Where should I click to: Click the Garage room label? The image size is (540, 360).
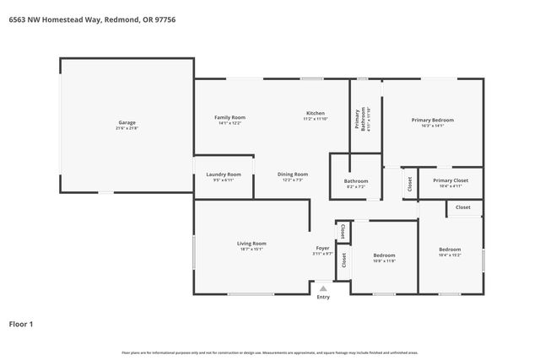[127, 123]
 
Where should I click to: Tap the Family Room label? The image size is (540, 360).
[229, 117]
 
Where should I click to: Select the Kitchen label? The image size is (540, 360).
[315, 114]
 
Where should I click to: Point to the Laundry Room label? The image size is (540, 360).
[224, 175]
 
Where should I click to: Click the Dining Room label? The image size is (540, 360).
[293, 175]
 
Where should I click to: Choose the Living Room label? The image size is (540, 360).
[251, 244]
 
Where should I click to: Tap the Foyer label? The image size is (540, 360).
[322, 248]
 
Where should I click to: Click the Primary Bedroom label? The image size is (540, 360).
[432, 121]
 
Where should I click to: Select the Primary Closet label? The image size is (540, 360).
[450, 180]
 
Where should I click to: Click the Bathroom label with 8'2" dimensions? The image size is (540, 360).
[355, 181]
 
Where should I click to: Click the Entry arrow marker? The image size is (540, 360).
[322, 288]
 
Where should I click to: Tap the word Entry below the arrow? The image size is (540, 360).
[323, 297]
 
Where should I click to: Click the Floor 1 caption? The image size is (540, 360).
[21, 323]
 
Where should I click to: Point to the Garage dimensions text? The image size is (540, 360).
[127, 128]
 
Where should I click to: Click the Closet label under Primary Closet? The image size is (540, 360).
[463, 207]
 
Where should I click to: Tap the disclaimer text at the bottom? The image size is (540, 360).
[269, 352]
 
